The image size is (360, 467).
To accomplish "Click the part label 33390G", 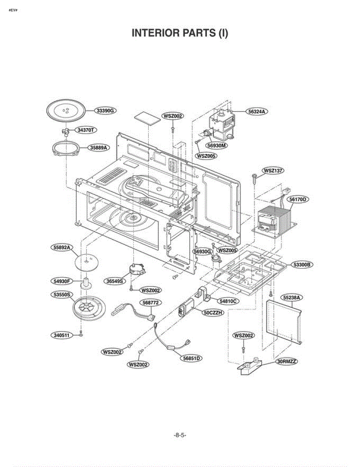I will pos(105,111).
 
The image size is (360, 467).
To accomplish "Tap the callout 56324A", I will pos(257,111).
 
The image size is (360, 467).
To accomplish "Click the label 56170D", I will pos(298,199).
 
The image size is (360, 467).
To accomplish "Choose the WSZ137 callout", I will pos(274,170).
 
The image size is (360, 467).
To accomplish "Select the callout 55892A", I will pos(62,248).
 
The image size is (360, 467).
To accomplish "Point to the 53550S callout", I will pos(62,295).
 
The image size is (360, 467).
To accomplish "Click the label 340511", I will pos(61,335).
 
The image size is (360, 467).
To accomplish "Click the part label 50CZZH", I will pos(213,312).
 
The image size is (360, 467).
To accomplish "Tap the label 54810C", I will pos(229,301).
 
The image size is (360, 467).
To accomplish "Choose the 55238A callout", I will pos(293,297).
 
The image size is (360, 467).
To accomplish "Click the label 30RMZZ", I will pos(287,362).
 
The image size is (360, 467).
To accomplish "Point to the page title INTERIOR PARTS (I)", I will pos(180,33).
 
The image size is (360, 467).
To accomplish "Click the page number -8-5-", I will pos(180,435).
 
